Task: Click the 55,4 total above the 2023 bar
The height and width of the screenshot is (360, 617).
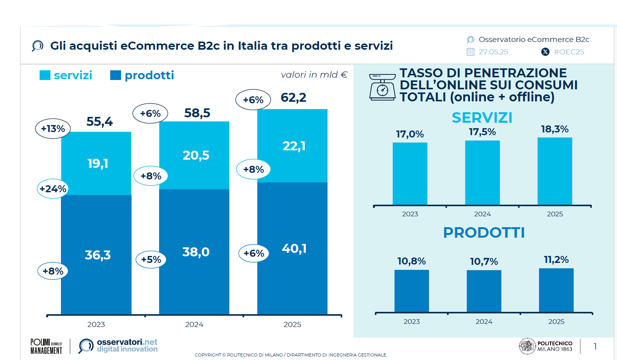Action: (x=99, y=122)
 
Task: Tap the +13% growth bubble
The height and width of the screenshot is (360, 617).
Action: (x=53, y=129)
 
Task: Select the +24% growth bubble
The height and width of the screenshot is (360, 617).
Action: (x=53, y=189)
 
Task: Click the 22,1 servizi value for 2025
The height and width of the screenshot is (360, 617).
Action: (x=294, y=146)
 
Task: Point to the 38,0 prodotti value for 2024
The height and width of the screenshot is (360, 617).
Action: (x=196, y=252)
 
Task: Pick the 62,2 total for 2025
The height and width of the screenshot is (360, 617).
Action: (x=293, y=97)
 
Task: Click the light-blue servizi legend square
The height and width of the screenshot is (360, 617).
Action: (x=45, y=75)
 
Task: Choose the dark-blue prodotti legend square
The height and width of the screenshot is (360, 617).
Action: (x=116, y=75)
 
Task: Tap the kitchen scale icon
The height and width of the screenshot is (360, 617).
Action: (x=382, y=87)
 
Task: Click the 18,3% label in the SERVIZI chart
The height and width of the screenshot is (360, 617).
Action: (x=555, y=129)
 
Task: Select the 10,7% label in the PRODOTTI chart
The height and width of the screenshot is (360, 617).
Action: (x=484, y=261)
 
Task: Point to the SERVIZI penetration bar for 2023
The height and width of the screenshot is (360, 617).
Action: (x=410, y=174)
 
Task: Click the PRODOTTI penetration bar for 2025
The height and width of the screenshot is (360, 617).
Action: (x=556, y=290)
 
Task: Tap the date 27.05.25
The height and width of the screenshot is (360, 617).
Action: (x=493, y=52)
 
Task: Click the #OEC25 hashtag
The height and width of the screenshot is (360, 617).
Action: (x=569, y=52)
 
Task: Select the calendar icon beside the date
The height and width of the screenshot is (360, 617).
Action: (x=470, y=52)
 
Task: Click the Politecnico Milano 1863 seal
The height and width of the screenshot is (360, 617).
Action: (x=527, y=346)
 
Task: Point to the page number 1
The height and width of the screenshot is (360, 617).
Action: (x=595, y=346)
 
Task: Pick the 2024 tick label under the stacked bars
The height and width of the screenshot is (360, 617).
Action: (x=194, y=325)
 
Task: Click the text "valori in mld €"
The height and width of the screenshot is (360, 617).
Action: (x=314, y=75)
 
